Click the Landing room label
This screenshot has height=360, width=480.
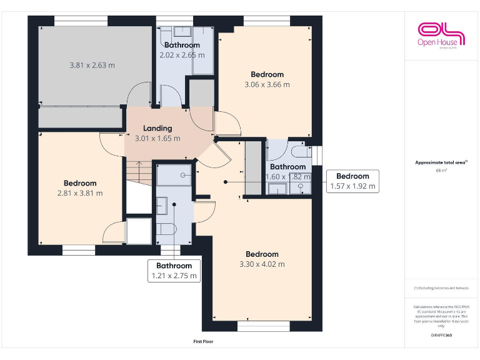click(157, 128)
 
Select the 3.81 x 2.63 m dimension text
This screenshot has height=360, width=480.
click(92, 64)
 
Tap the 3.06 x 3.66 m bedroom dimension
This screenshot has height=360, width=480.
click(267, 84)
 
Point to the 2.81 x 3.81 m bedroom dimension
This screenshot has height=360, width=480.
click(80, 193)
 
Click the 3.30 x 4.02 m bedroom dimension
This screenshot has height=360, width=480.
click(262, 264)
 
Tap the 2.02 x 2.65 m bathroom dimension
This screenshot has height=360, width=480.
click(182, 55)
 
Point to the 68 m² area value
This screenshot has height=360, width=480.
click(441, 170)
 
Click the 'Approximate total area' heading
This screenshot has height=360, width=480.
click(441, 162)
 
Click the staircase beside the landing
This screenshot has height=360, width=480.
click(139, 178)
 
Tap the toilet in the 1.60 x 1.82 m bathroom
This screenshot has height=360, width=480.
click(299, 152)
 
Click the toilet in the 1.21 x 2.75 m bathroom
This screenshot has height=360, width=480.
click(166, 229)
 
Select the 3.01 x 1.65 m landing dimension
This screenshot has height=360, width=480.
click(157, 139)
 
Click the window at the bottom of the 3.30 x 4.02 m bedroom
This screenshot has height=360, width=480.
click(262, 326)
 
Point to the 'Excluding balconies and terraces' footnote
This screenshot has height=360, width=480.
click(441, 288)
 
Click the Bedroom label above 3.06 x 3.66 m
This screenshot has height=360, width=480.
click(267, 74)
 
